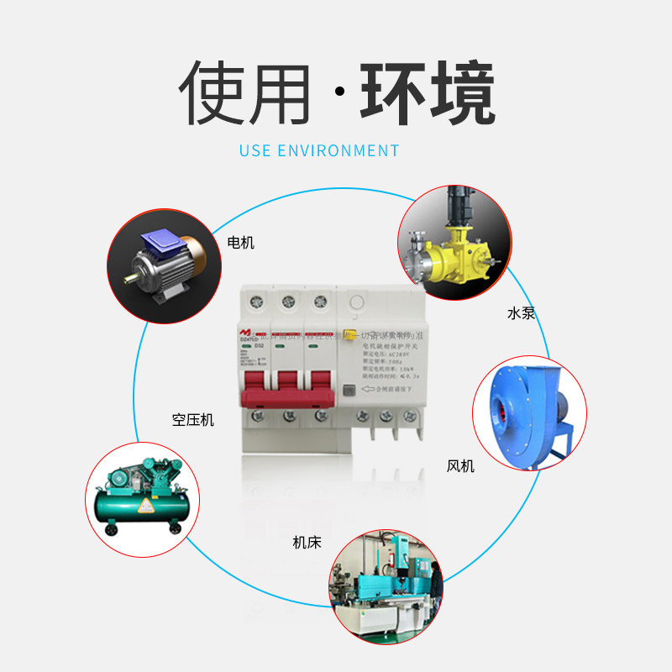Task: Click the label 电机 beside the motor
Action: click(x=240, y=243)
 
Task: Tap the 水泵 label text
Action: click(x=521, y=313)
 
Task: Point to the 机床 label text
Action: click(x=307, y=543)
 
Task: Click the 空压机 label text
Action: click(x=193, y=419)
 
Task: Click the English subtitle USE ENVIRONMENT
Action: click(x=319, y=151)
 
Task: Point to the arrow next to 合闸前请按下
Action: click(x=368, y=388)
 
